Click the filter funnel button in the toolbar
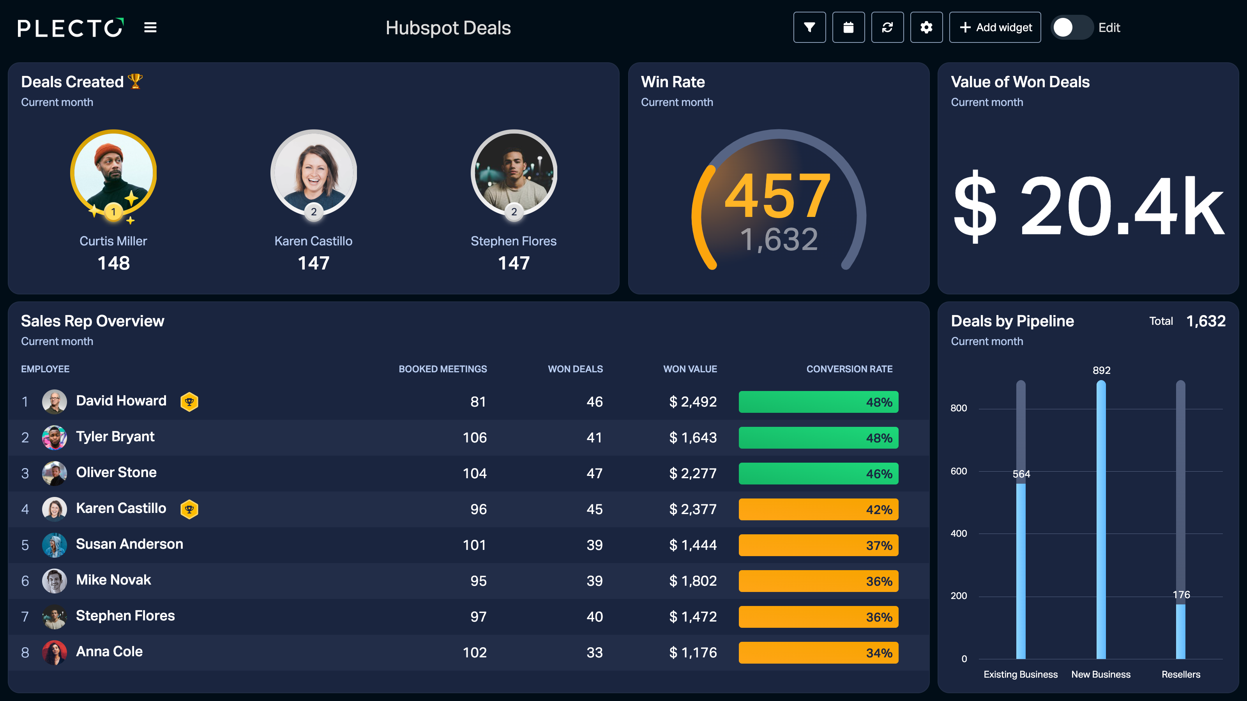[x=809, y=28]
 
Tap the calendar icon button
[x=848, y=28]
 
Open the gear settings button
[x=926, y=28]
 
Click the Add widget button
[x=995, y=28]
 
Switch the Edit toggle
[x=1071, y=28]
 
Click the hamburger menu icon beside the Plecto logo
[x=150, y=28]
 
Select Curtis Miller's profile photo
[x=113, y=172]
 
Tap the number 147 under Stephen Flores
[x=514, y=263]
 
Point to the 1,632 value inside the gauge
[x=779, y=240]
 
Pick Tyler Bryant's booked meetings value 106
[x=474, y=438]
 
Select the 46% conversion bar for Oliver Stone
[x=818, y=474]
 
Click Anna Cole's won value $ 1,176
[x=693, y=653]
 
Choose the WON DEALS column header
[x=575, y=369]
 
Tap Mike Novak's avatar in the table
[x=54, y=581]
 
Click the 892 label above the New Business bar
[x=1101, y=370]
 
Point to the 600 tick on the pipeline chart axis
[x=959, y=471]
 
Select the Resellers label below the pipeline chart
[x=1181, y=675]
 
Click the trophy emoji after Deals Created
[x=135, y=81]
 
